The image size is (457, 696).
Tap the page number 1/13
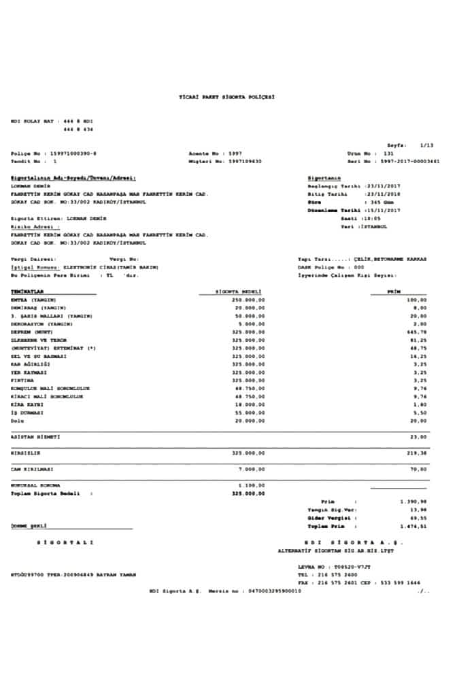pos(426,145)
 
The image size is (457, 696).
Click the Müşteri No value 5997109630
pos(246,161)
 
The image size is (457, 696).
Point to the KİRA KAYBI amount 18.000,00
pos(250,404)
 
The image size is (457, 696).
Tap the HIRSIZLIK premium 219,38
pos(416,452)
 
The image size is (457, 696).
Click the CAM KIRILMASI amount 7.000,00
pos(252,468)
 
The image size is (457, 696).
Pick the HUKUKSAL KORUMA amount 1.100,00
pos(252,485)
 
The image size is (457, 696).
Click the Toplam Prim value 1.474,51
pos(413,526)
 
